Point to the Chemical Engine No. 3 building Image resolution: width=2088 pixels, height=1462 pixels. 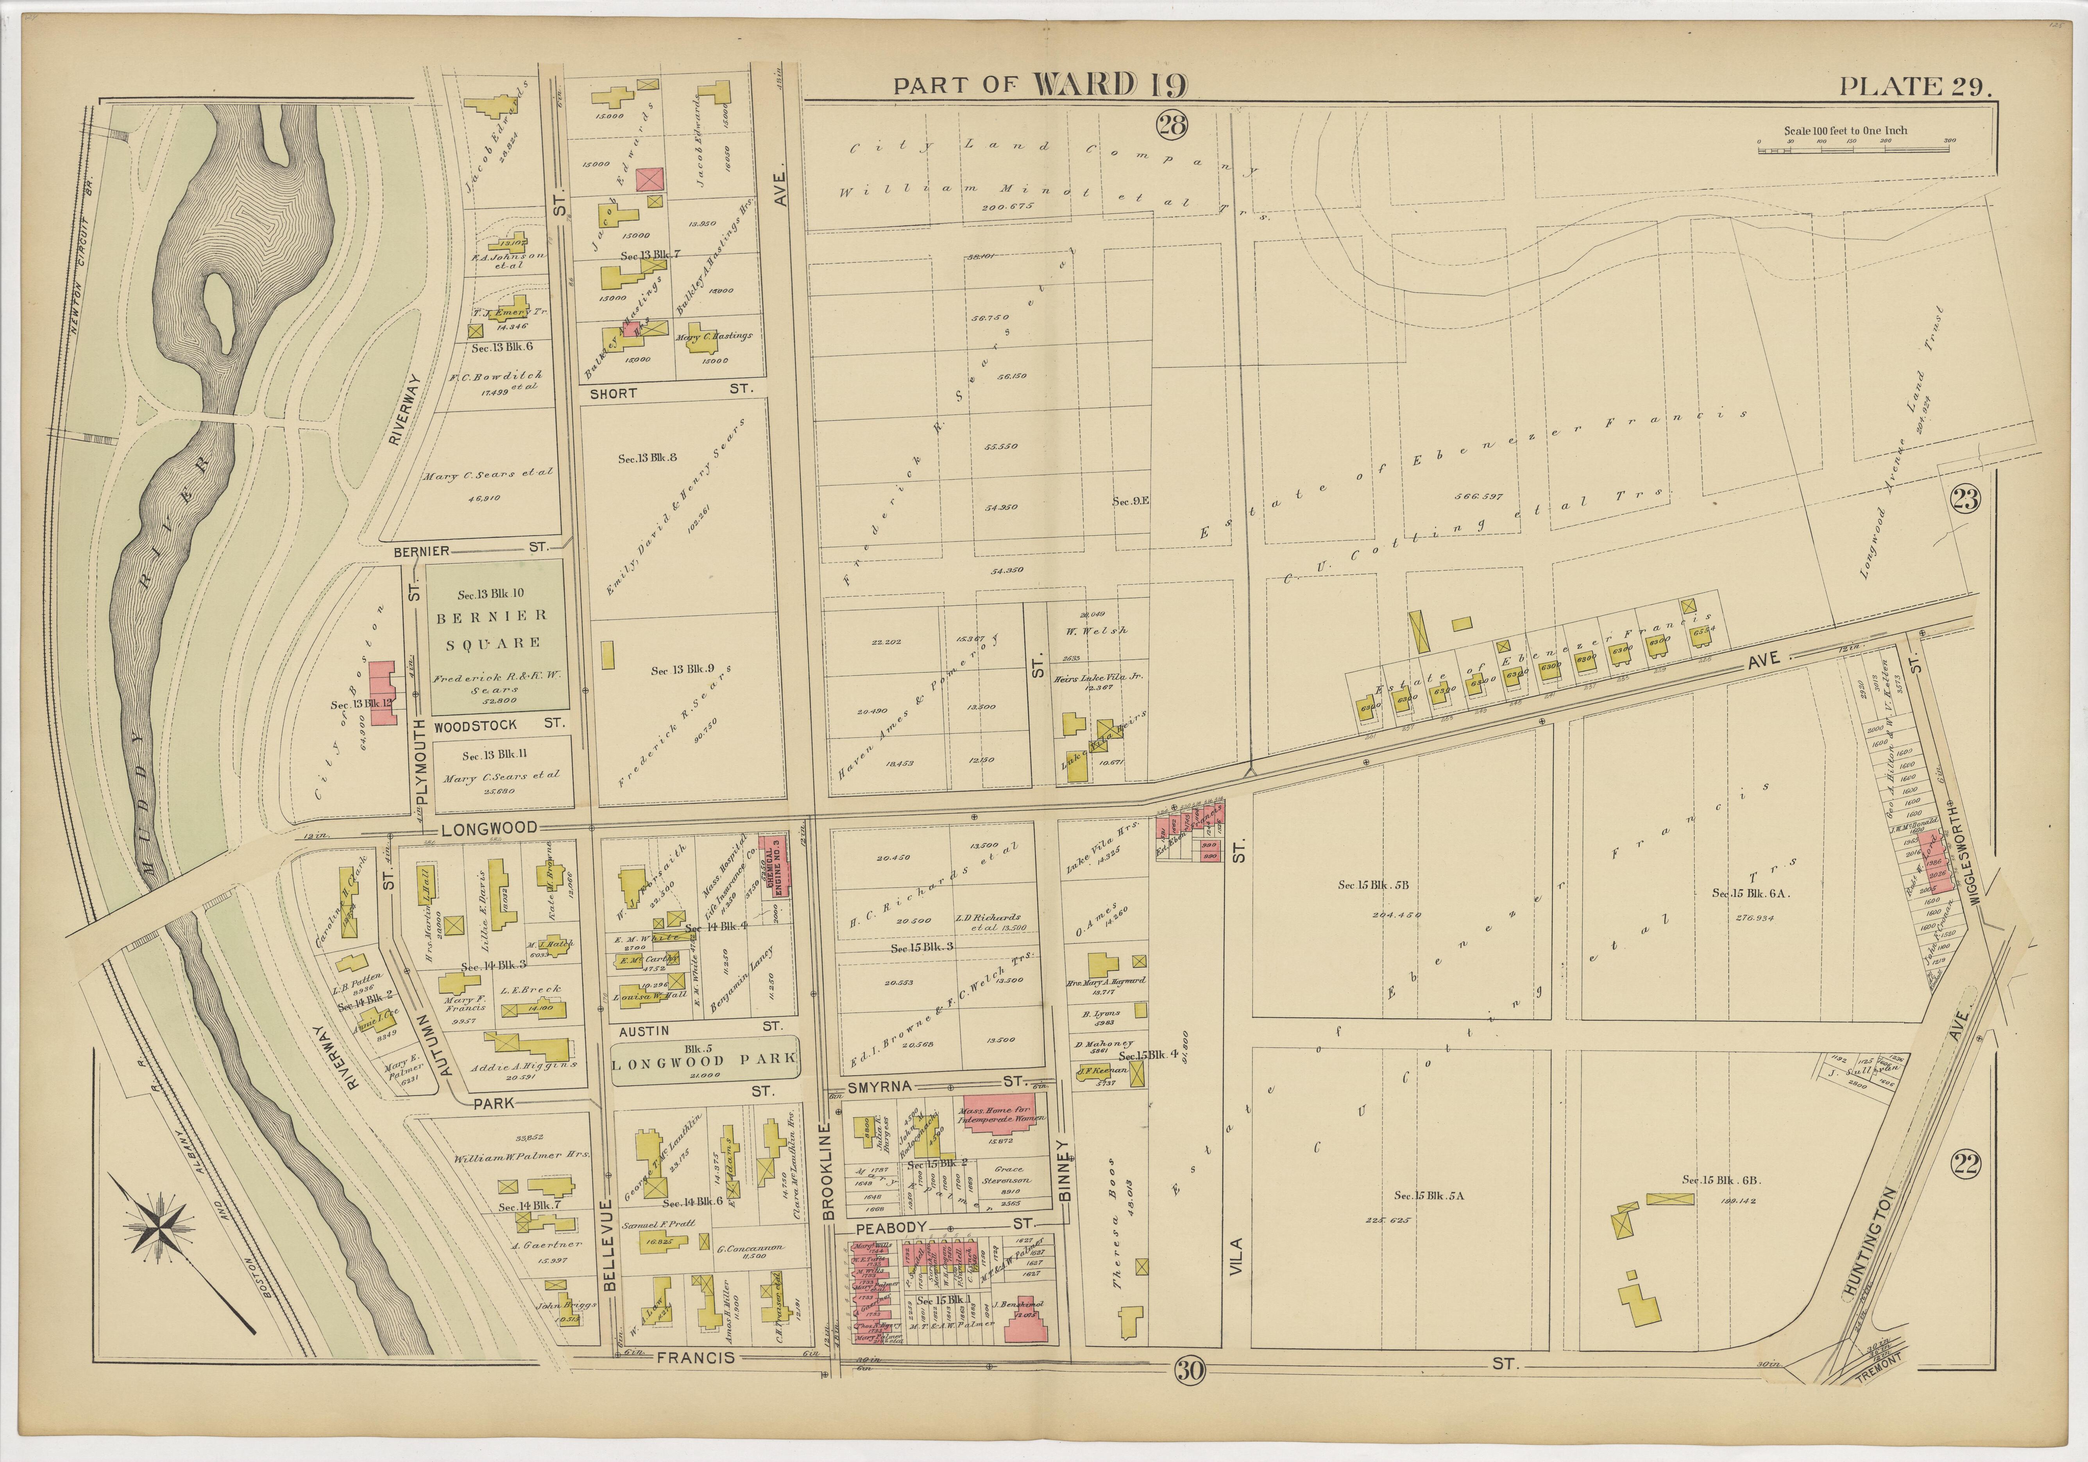(774, 865)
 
